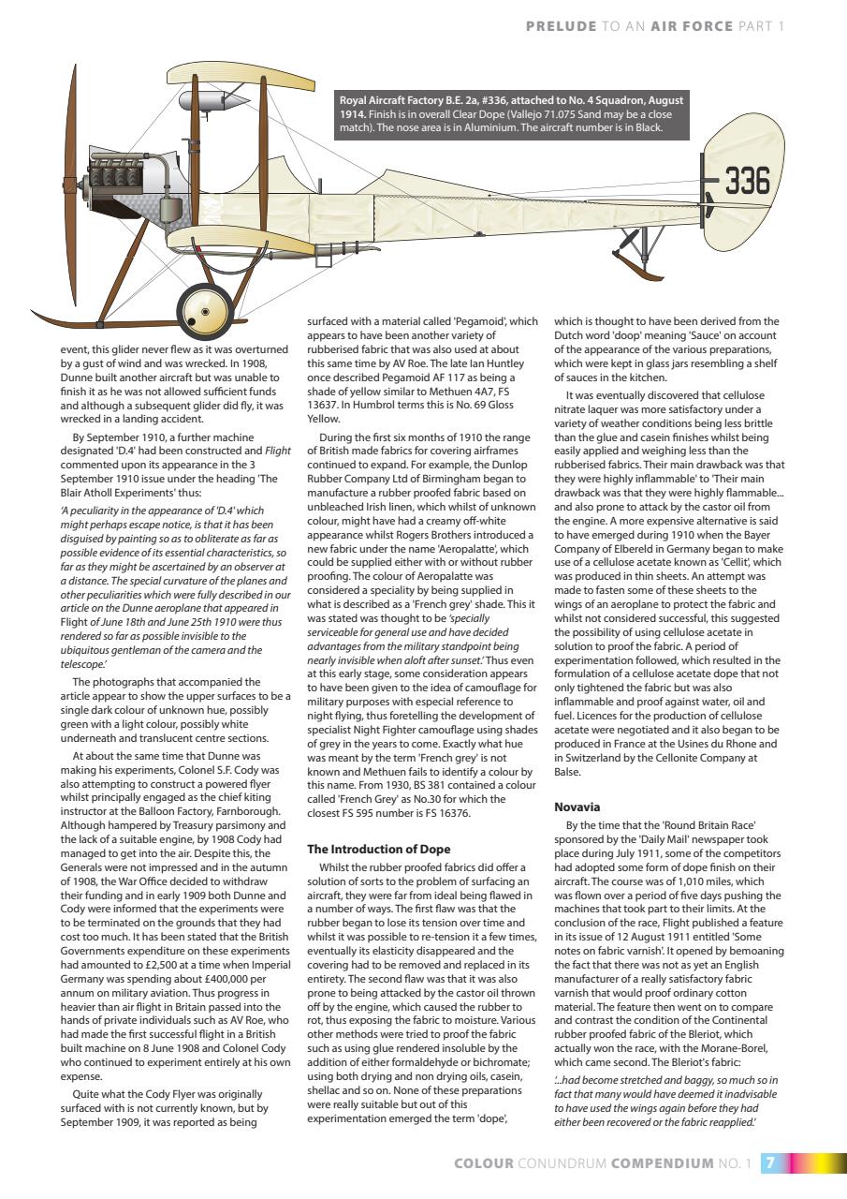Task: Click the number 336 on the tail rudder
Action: (746, 180)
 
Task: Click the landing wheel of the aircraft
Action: (204, 309)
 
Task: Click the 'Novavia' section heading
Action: (577, 807)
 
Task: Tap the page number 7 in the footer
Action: (770, 1163)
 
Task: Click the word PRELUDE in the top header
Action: (561, 26)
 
